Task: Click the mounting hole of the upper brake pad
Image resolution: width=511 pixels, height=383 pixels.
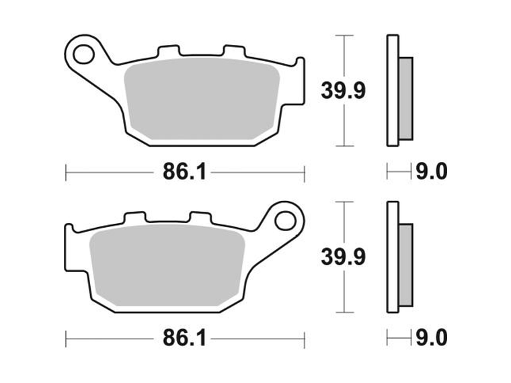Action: point(84,51)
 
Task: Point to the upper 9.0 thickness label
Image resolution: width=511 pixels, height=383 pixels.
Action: point(431,173)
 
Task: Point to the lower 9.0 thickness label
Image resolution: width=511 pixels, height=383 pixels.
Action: point(431,337)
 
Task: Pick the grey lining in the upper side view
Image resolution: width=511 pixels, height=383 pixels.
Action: point(405,90)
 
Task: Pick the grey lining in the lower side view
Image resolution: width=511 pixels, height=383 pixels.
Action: point(405,257)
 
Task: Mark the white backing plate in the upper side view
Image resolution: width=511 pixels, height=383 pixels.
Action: point(393,90)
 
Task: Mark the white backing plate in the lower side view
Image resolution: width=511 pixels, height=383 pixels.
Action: point(393,257)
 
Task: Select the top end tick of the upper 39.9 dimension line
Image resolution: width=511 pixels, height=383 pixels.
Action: point(344,35)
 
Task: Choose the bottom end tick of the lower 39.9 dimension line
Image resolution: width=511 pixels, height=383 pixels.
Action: point(344,312)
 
